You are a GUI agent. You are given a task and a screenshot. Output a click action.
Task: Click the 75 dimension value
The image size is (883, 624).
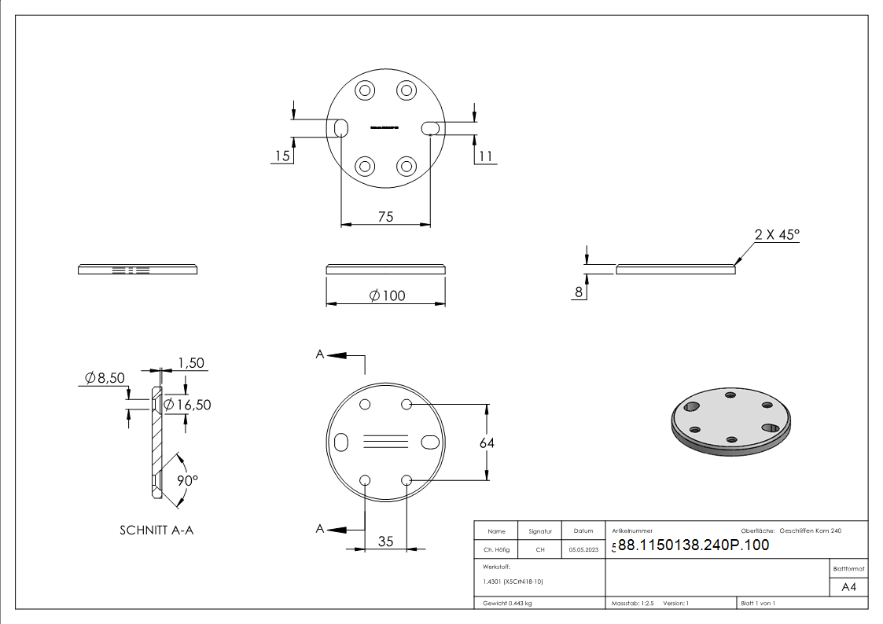coord(385,217)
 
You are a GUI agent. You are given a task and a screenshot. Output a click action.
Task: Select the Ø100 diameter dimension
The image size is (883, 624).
coord(386,295)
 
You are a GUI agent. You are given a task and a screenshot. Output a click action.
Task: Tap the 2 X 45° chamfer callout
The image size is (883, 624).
coord(776,234)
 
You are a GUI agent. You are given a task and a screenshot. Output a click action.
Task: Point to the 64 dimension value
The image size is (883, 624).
coord(487,442)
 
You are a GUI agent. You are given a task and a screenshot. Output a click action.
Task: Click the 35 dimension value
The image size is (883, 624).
coord(385,541)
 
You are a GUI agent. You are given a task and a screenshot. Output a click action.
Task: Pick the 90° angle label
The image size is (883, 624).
coord(186,480)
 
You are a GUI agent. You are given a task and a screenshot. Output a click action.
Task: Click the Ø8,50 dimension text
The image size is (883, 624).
coord(105,378)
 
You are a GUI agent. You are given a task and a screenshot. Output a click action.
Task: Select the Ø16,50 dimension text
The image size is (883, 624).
coord(187,404)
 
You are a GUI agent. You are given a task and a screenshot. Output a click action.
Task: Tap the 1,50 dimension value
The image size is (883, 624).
coord(191,362)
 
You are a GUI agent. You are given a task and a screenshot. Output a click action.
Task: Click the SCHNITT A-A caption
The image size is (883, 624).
coord(156,530)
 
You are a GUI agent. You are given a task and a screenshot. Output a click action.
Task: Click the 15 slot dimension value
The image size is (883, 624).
coord(281,156)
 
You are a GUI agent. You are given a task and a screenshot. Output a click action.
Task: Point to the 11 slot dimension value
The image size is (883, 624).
coord(485,156)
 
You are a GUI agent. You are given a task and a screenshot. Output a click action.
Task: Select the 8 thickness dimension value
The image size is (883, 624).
coord(579,292)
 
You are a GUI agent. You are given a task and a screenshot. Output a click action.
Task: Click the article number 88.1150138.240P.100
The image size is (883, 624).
coord(693,545)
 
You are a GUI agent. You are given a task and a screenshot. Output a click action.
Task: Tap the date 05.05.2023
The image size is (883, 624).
coord(583,549)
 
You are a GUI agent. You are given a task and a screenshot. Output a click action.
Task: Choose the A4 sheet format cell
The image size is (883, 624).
coord(848,587)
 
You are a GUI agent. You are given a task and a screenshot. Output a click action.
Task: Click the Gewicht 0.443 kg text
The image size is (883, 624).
coord(506,603)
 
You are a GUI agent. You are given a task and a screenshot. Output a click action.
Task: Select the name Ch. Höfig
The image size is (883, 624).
coord(496,549)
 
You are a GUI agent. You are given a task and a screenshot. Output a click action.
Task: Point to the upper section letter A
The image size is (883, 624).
coord(320,355)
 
